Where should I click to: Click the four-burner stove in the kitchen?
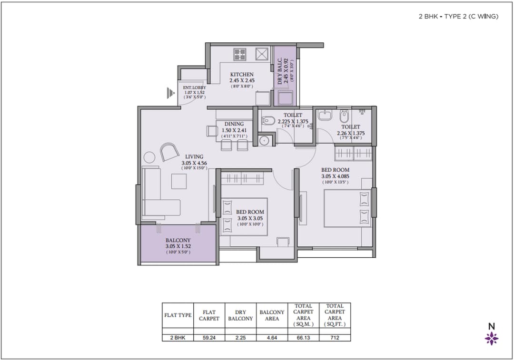[x=239, y=54]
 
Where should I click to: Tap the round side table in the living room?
[x=150, y=157]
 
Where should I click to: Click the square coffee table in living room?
[x=179, y=181]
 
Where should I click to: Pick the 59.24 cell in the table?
[x=209, y=338]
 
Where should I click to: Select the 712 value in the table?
[x=335, y=338]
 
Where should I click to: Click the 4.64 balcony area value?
[x=272, y=338]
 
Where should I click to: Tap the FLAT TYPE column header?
[x=178, y=315]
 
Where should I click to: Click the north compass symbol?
[x=492, y=338]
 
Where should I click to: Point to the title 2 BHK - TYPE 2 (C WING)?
[x=458, y=16]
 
